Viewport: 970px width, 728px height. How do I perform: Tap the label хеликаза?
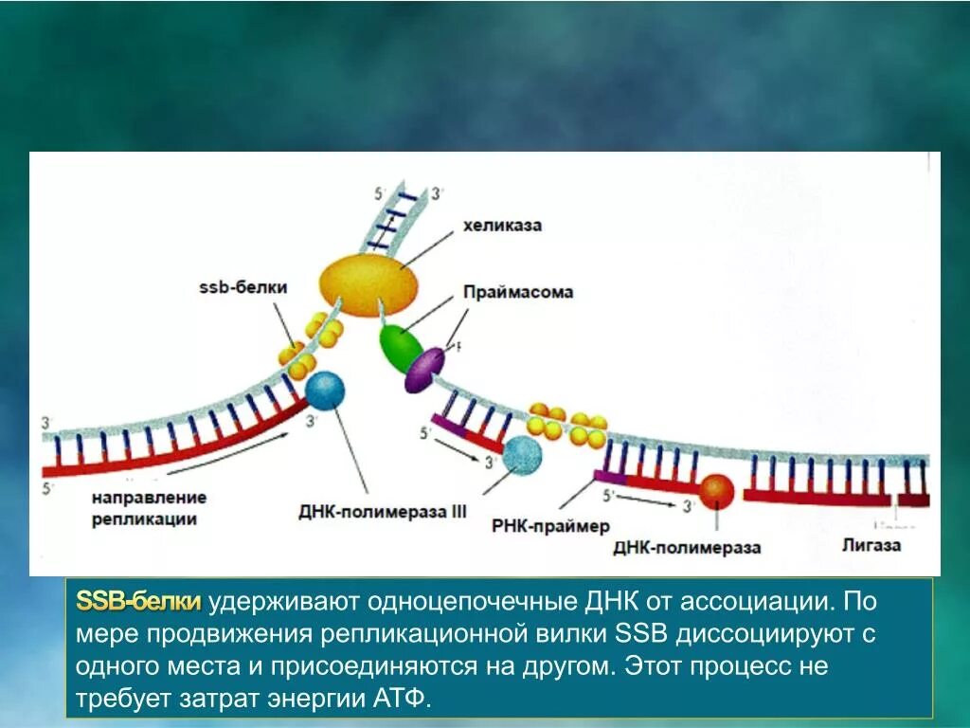[502, 226]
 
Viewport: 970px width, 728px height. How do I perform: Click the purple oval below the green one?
[424, 370]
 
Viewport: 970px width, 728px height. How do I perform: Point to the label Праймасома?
[518, 292]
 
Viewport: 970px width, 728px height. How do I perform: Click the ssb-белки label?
[242, 287]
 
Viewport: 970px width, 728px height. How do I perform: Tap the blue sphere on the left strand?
[325, 391]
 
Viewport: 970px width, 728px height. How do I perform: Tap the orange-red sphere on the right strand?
[717, 491]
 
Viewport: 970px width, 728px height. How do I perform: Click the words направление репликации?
[149, 508]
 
